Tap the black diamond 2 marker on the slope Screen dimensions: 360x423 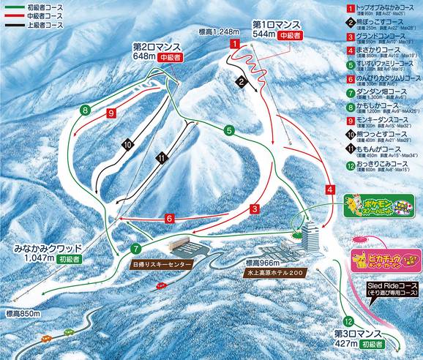(x=241, y=81)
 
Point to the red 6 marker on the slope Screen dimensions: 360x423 (x=168, y=218)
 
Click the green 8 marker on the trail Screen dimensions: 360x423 (x=86, y=110)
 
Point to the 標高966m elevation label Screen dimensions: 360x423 (x=263, y=262)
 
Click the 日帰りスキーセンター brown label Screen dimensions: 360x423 (x=162, y=263)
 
